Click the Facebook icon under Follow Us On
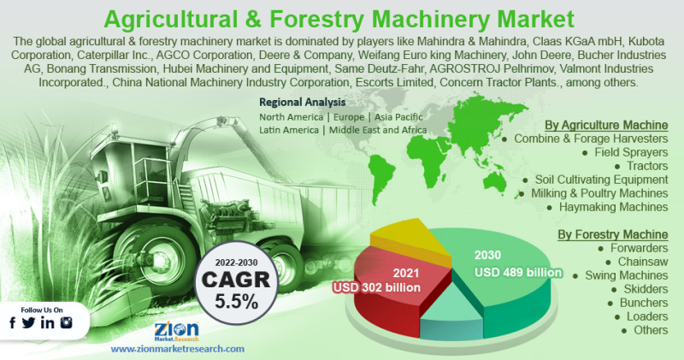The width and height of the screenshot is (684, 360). click(13, 323)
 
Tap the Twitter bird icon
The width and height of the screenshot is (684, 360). click(29, 323)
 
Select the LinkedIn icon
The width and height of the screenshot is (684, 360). click(48, 323)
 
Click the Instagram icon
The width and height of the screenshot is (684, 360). click(67, 323)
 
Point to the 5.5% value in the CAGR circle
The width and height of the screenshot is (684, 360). click(236, 301)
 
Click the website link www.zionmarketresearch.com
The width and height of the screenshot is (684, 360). click(178, 349)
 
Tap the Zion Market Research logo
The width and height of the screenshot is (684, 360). click(177, 331)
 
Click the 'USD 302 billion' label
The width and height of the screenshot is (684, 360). click(376, 287)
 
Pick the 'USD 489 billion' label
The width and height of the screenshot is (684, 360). click(518, 273)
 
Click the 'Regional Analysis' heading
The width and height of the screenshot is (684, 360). click(303, 102)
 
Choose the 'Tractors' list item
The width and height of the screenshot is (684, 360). click(647, 166)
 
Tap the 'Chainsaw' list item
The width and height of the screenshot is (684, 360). click(643, 262)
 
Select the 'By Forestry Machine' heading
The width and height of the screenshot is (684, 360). click(613, 234)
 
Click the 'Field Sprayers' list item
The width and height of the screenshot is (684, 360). click(631, 152)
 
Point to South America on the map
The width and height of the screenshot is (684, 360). click(380, 177)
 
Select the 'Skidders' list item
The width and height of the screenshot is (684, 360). click(646, 289)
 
